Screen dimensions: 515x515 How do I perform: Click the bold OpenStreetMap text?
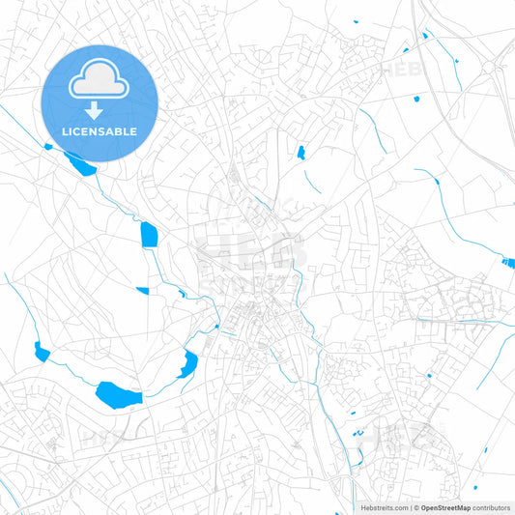click(445, 507)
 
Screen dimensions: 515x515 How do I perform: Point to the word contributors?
click(492, 507)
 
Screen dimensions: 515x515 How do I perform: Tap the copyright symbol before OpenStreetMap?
click(415, 507)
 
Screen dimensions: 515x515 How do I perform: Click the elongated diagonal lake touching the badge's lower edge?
click(79, 163)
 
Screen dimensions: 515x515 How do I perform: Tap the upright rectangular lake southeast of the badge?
click(149, 235)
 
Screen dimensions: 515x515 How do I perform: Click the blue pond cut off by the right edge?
click(508, 262)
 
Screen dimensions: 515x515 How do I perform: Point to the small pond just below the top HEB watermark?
click(416, 98)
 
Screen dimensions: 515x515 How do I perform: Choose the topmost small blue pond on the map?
click(355, 21)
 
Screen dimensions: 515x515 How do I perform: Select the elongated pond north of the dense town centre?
click(300, 152)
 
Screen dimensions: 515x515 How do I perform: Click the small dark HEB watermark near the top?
click(398, 70)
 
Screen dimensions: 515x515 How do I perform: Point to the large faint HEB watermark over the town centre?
click(253, 248)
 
